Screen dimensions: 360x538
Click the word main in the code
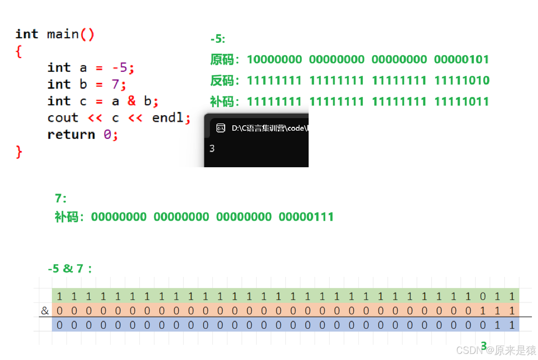(63, 34)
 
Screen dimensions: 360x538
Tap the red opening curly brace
(19, 51)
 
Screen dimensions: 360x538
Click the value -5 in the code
(120, 68)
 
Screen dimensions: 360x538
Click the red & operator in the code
(131, 101)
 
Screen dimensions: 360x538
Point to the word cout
(63, 118)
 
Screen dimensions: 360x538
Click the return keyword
(71, 134)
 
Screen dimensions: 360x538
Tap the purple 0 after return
(107, 134)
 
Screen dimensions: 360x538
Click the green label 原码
(222, 59)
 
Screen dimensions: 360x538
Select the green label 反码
(222, 80)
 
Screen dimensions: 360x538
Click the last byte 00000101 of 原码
(461, 59)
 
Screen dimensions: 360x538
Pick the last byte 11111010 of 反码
(462, 80)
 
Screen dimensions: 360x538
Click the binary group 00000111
(306, 217)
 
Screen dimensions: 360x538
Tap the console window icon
(221, 128)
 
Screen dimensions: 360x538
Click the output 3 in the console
(212, 149)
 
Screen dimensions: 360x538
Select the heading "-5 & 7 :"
(70, 269)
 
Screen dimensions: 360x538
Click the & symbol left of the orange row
(45, 311)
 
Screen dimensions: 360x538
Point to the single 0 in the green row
(483, 296)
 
